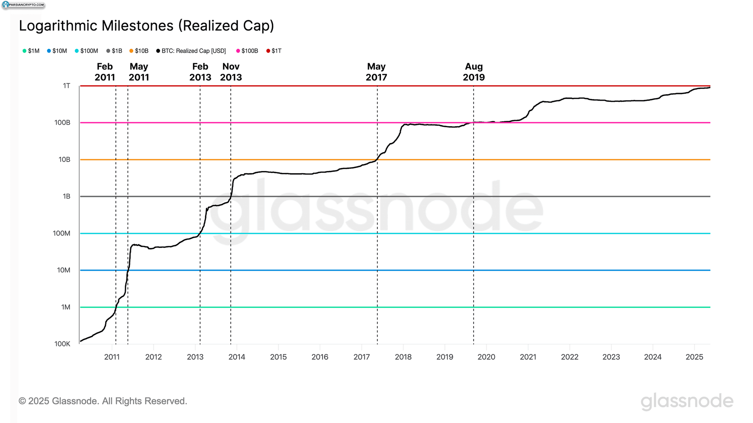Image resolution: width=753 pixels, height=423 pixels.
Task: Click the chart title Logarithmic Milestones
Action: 146,26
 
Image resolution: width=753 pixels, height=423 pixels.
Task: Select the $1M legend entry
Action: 31,51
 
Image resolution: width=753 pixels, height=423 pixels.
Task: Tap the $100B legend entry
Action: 247,51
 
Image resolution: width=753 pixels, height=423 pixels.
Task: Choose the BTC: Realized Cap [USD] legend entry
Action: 191,51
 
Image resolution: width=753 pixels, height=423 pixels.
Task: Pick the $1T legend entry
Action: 274,51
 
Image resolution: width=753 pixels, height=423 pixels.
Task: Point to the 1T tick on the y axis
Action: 67,86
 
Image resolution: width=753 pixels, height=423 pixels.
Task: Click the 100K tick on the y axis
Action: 63,344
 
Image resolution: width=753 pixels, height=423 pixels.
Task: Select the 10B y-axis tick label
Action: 64,160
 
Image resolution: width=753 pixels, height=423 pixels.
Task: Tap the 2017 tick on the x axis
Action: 361,357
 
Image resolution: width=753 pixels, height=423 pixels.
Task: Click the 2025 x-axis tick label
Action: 694,357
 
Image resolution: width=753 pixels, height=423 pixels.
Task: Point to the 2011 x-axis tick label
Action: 112,357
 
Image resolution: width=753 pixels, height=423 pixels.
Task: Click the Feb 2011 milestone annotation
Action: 105,72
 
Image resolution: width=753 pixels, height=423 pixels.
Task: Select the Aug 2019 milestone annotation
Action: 474,72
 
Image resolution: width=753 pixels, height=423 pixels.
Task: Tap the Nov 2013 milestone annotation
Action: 231,72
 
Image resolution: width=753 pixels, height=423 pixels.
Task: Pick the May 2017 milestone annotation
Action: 376,72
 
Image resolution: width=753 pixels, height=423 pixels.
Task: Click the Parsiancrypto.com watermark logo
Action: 24,5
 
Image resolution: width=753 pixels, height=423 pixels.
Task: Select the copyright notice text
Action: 103,401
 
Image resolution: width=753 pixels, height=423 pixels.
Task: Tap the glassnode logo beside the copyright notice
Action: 687,401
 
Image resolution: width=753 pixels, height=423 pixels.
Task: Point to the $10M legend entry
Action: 57,51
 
